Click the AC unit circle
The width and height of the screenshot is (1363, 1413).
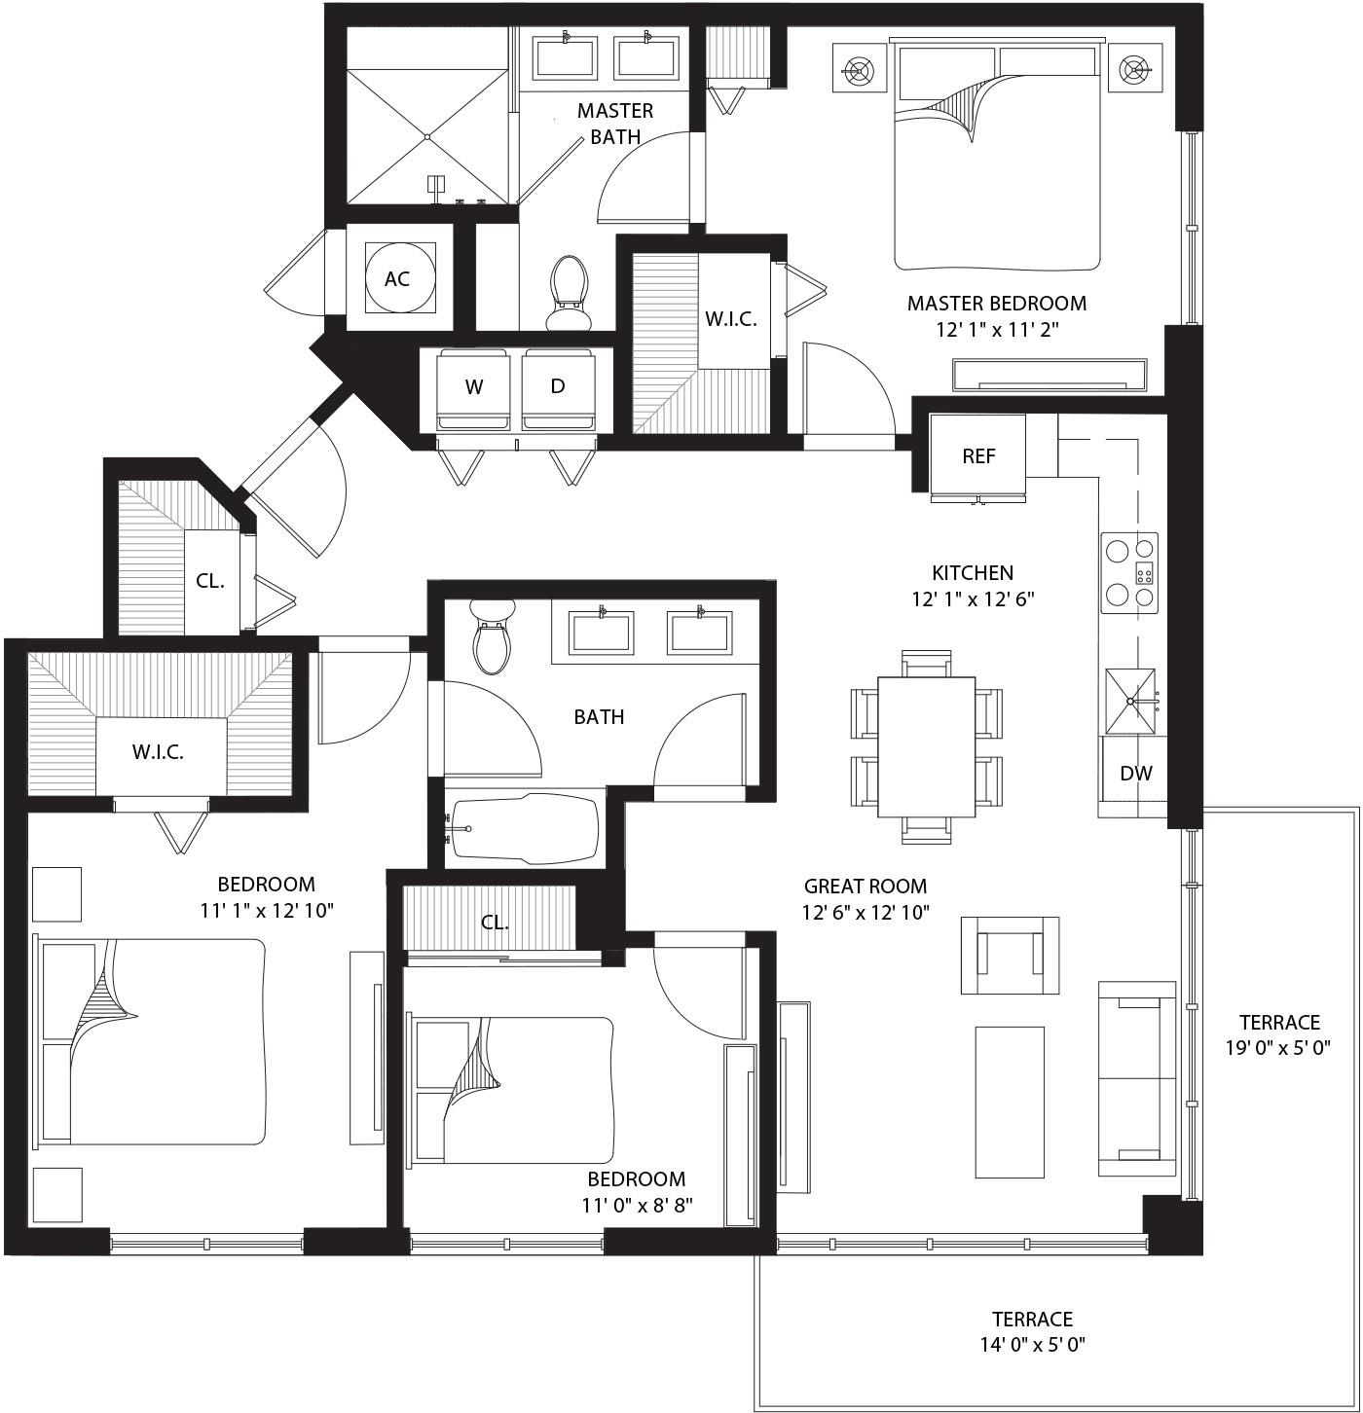(x=397, y=278)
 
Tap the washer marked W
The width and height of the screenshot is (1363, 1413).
(x=474, y=387)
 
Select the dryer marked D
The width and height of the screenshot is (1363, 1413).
(x=558, y=386)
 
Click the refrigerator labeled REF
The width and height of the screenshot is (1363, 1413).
(x=977, y=455)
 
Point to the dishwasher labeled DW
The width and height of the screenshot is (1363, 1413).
(x=1135, y=774)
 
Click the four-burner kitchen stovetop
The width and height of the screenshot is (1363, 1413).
(x=1129, y=573)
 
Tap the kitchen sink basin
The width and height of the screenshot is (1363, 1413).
(x=1130, y=702)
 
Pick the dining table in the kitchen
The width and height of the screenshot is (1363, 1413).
(x=926, y=746)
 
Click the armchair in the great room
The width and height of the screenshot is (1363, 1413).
(x=1010, y=955)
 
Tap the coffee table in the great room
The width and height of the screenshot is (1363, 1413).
(x=1010, y=1102)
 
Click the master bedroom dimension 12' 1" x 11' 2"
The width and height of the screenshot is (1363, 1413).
(x=997, y=330)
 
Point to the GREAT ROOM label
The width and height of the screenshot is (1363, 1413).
(x=865, y=887)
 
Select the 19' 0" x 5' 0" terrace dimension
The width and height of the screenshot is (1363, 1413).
(x=1278, y=1048)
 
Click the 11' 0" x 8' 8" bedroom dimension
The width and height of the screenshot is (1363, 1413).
(x=637, y=1206)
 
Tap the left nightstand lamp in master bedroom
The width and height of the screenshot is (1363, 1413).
(x=860, y=69)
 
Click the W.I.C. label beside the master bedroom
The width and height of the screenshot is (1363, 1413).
(x=730, y=319)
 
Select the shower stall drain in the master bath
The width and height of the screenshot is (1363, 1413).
(x=427, y=137)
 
